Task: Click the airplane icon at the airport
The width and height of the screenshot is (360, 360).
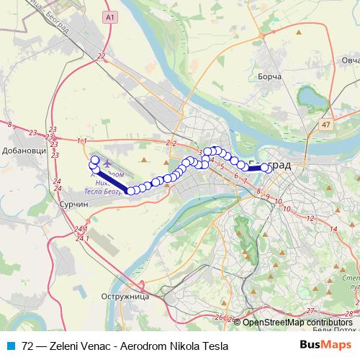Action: pyautogui.click(x=107, y=163)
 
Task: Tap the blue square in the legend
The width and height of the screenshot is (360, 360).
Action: pyautogui.click(x=10, y=346)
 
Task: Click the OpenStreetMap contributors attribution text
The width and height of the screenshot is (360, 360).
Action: pyautogui.click(x=298, y=322)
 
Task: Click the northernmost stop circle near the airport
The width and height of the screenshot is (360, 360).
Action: pyautogui.click(x=94, y=160)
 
